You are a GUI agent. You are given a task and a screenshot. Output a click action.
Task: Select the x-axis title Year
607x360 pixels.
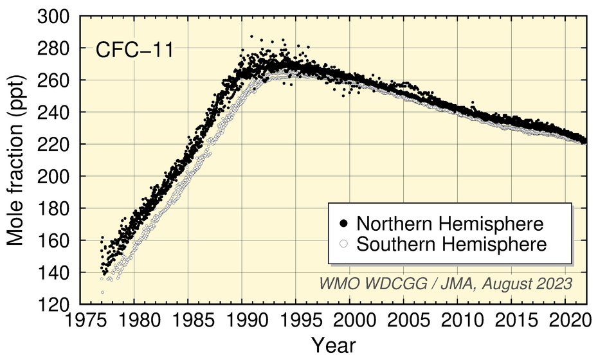333,345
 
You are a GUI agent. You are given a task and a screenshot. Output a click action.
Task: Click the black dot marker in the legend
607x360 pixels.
344,224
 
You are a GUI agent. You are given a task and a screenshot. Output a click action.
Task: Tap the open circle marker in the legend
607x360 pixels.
344,244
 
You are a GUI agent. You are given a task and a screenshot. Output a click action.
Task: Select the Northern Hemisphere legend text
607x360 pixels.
451,224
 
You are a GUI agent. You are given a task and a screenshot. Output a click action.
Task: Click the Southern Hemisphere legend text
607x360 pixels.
451,244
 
